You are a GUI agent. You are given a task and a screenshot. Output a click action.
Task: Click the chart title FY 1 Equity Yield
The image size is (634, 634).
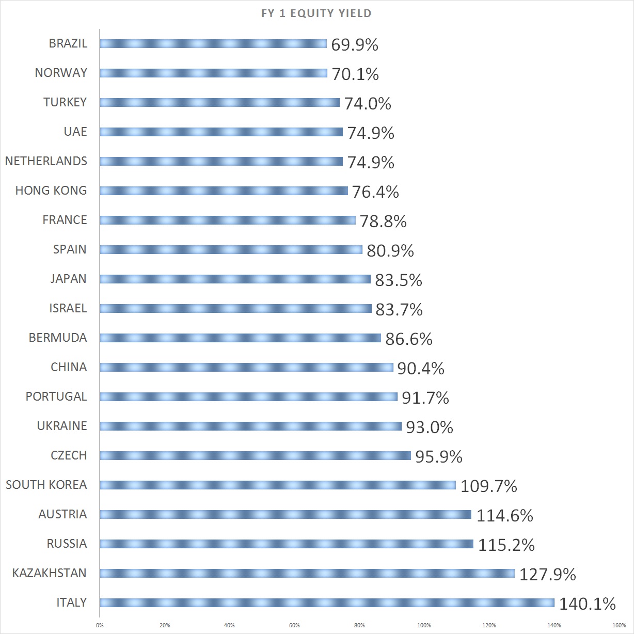tap(316, 13)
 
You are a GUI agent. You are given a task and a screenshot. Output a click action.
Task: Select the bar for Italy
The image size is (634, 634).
tap(327, 603)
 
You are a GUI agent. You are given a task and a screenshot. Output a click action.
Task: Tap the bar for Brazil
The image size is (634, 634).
tap(213, 43)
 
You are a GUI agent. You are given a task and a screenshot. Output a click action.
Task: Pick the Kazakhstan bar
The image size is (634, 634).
tap(307, 573)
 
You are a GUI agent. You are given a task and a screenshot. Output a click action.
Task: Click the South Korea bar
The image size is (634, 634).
tap(278, 485)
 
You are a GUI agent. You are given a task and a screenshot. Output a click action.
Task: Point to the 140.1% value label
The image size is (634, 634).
tap(587, 604)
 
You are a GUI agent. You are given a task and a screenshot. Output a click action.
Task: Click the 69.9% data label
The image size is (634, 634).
tap(355, 45)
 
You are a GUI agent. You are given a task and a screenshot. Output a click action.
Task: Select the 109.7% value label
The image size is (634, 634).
tap(488, 486)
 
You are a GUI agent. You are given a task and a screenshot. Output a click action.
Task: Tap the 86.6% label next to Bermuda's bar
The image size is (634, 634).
tap(408, 339)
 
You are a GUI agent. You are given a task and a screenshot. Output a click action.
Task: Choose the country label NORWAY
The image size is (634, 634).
tap(61, 73)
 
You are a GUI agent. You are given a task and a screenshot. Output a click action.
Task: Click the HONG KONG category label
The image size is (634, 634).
tap(51, 191)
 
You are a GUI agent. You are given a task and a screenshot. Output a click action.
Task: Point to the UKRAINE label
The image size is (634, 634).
tap(62, 426)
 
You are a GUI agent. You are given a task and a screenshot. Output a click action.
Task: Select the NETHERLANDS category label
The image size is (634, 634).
tap(46, 161)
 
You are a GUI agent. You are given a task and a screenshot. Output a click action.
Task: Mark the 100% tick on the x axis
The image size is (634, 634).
tap(424, 625)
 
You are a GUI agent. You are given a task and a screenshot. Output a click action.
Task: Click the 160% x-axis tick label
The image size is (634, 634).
tap(619, 625)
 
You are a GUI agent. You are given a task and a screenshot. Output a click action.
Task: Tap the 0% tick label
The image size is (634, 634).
tap(100, 625)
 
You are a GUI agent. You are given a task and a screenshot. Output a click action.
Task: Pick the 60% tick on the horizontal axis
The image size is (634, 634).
tap(294, 625)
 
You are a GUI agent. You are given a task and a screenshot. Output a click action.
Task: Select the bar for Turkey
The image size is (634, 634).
tap(219, 102)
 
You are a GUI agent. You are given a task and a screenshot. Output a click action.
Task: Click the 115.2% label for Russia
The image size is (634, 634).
tap(506, 545)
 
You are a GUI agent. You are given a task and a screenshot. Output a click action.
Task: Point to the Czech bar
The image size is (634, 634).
tap(255, 455)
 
